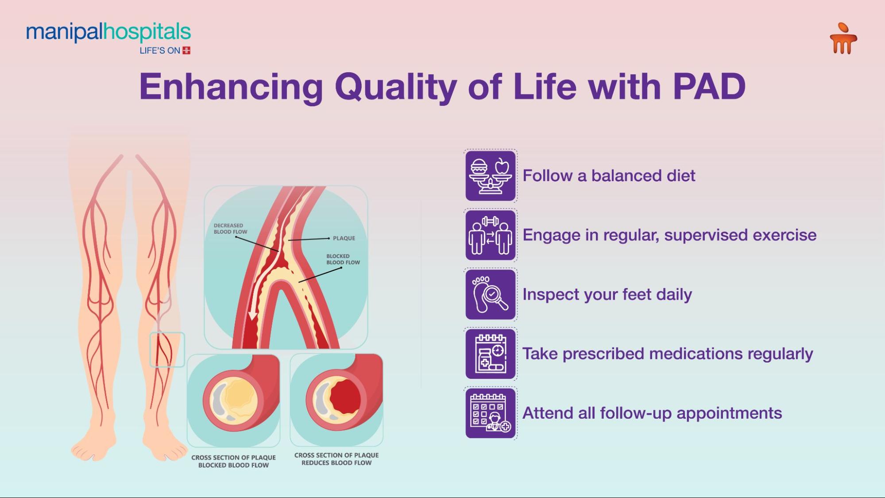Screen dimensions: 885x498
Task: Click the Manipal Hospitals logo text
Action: point(108,32)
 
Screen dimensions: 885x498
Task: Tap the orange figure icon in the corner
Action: point(843,39)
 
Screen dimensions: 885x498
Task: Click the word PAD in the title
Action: point(709,86)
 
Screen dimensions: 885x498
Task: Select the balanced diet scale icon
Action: point(491,176)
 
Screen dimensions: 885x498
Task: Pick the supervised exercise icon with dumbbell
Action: point(491,235)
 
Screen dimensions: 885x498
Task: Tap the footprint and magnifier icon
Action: point(491,294)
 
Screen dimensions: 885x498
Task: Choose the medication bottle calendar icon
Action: point(491,354)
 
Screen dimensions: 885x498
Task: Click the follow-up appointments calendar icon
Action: point(491,413)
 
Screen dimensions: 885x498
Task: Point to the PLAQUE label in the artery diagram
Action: point(344,238)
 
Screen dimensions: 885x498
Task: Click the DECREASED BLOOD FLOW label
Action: point(230,228)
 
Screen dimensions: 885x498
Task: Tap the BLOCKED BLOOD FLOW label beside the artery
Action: point(343,259)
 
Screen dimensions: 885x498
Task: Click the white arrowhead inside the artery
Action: point(253,316)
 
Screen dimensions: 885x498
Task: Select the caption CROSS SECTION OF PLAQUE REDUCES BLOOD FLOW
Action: point(336,459)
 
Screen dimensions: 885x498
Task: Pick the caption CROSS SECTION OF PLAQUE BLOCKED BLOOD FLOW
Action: point(233,461)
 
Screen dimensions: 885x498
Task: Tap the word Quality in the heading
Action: point(396,87)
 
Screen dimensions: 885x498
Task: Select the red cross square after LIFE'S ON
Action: point(186,50)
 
